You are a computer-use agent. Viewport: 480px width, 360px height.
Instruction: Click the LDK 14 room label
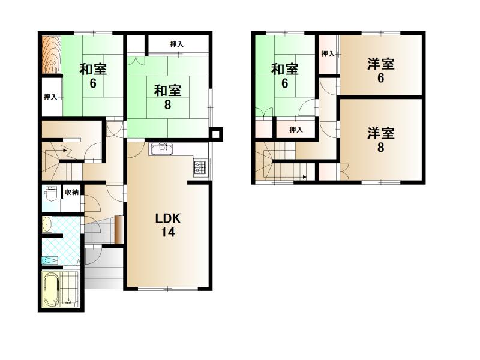pyautogui.click(x=168, y=226)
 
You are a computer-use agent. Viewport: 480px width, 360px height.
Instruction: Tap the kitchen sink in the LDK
pyautogui.click(x=161, y=149)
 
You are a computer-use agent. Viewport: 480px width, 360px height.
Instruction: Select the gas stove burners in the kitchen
pyautogui.click(x=201, y=169)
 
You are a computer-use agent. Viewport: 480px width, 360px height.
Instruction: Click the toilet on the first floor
pyautogui.click(x=50, y=194)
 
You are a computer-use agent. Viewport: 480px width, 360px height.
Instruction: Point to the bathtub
pyautogui.click(x=51, y=290)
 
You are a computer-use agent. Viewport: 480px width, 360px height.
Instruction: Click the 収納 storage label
pyautogui.click(x=71, y=192)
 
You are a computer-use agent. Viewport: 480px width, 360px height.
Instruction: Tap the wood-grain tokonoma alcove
pyautogui.click(x=51, y=55)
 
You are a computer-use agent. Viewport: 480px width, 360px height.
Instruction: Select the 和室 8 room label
pyautogui.click(x=168, y=97)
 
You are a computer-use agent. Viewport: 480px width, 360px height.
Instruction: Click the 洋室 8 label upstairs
pyautogui.click(x=381, y=140)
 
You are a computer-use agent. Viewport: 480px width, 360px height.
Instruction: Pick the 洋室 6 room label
pyautogui.click(x=381, y=71)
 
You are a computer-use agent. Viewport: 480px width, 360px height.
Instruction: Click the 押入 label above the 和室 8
pyautogui.click(x=177, y=44)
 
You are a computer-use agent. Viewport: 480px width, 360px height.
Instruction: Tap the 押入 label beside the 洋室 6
pyautogui.click(x=328, y=54)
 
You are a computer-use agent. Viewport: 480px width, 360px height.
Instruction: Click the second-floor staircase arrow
pyautogui.click(x=305, y=176)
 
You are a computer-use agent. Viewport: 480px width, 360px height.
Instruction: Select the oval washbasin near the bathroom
pyautogui.click(x=47, y=224)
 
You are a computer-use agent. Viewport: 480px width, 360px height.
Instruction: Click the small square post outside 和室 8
pyautogui.click(x=216, y=134)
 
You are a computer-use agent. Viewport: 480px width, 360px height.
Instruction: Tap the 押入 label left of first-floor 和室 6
pyautogui.click(x=50, y=97)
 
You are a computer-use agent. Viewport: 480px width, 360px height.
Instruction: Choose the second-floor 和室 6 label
pyautogui.click(x=284, y=76)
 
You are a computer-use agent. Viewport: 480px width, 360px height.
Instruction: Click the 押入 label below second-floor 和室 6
pyautogui.click(x=296, y=130)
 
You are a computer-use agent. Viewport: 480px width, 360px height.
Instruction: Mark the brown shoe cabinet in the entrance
pyautogui.click(x=119, y=230)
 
